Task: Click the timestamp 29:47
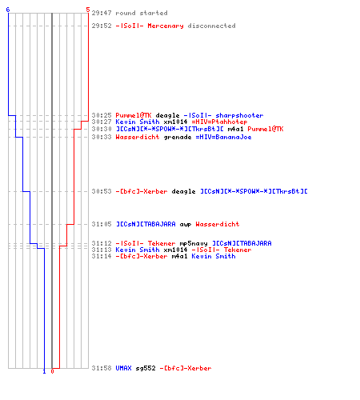tap(102, 13)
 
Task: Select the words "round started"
tap(142, 13)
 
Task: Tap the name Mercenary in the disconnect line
tap(166, 26)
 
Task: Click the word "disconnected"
tap(211, 26)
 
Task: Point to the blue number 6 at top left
tap(8, 10)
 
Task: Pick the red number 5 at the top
tap(88, 10)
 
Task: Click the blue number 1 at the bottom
tap(44, 371)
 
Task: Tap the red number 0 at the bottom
tap(52, 371)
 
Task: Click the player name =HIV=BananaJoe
tap(223, 137)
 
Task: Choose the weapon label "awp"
tap(186, 225)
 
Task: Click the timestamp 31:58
tap(102, 368)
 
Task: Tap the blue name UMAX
tap(123, 368)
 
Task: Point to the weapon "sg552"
tap(146, 368)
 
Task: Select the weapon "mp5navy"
tap(194, 243)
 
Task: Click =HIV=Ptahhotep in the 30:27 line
tap(219, 122)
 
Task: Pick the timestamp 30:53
tap(102, 191)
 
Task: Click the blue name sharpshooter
tap(239, 115)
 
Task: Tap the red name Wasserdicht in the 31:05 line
tap(218, 224)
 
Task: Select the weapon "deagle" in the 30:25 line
tap(167, 115)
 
